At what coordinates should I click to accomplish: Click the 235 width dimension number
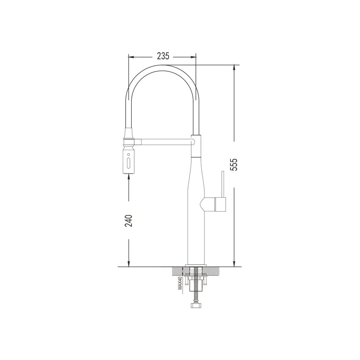click(163, 56)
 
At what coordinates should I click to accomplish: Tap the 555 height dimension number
click(234, 165)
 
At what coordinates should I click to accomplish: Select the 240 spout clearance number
click(129, 221)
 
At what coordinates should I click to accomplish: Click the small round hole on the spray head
click(129, 154)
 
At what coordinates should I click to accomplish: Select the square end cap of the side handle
click(221, 204)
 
